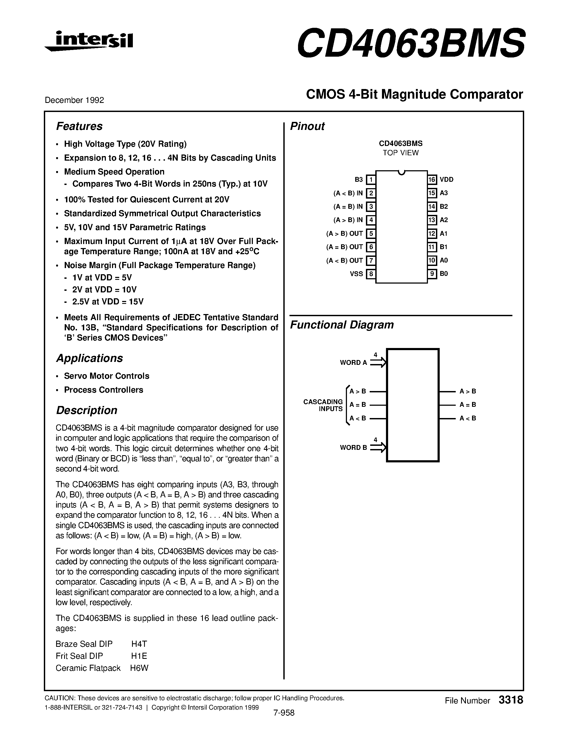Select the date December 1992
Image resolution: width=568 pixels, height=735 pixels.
point(74,100)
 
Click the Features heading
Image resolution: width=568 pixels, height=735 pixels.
point(79,126)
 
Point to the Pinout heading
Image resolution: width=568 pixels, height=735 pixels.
point(307,126)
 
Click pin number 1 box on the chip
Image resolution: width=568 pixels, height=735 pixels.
point(371,180)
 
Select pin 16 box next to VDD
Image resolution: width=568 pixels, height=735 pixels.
point(432,180)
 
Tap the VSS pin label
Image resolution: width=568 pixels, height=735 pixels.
point(356,274)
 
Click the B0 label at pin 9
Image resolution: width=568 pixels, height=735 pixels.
point(444,274)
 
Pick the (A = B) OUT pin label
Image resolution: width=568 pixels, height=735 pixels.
point(345,247)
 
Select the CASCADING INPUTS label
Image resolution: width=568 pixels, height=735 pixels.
point(323,405)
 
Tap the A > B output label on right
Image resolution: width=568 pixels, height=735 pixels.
point(468,391)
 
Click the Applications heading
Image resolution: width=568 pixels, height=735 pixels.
point(90,358)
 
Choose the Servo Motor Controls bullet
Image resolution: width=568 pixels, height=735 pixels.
point(107,376)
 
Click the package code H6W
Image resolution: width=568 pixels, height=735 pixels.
point(139,668)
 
